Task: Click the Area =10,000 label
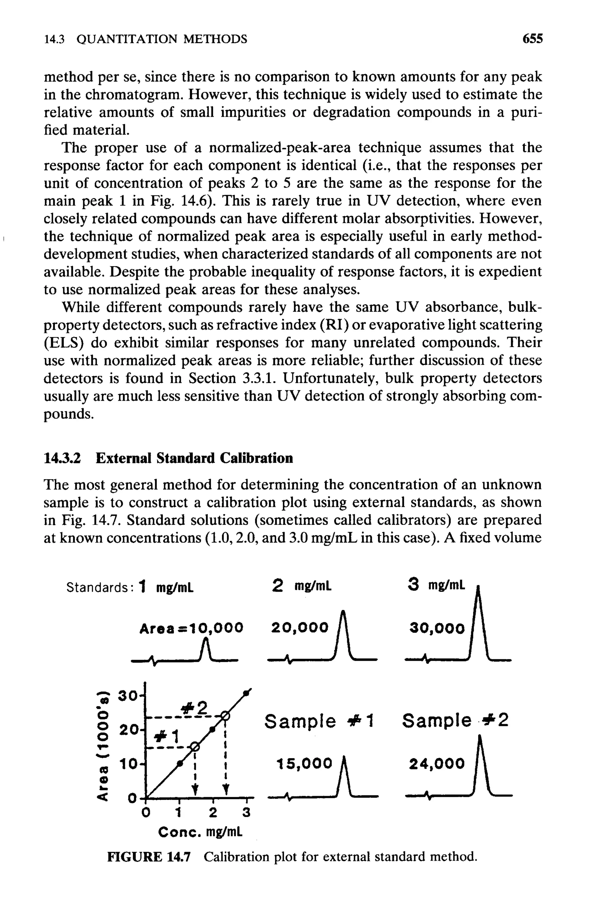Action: coord(191,628)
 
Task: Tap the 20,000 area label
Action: coord(300,628)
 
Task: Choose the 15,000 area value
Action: coord(304,764)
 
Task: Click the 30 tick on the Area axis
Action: coord(128,696)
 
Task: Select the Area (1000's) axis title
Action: coord(102,745)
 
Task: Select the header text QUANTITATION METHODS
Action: coord(162,39)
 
